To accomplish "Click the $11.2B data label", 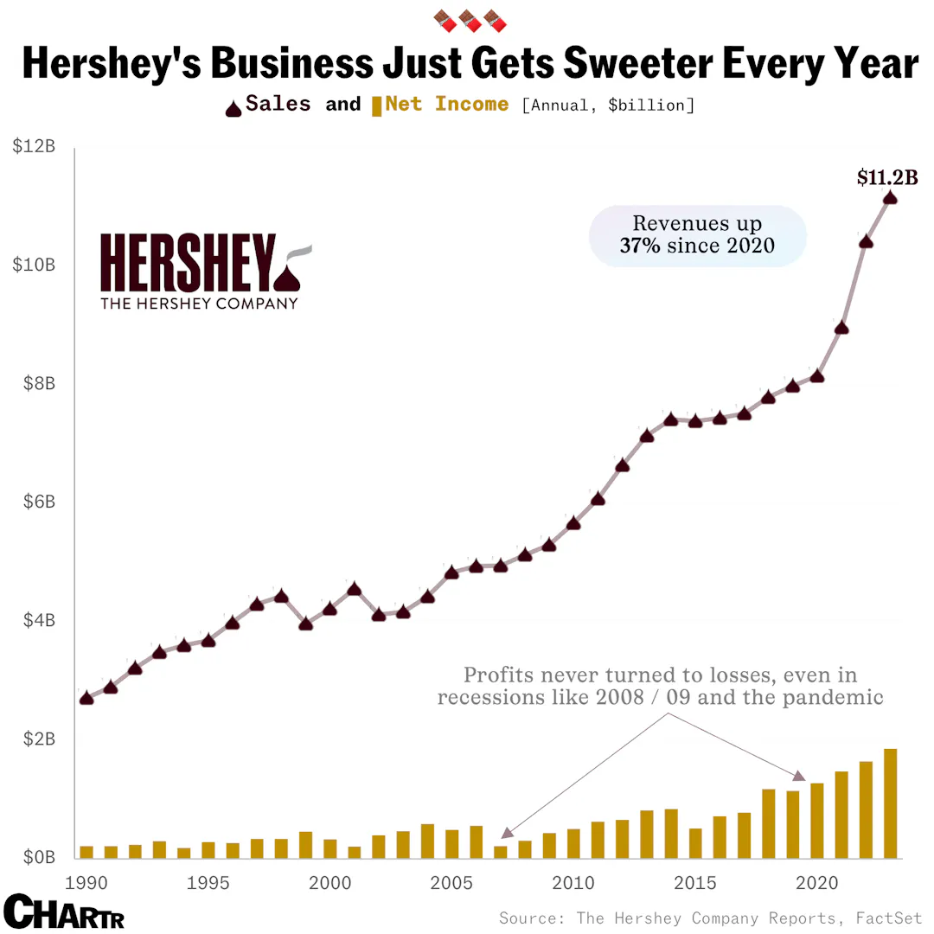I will [x=886, y=178].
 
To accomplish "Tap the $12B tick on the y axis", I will [x=34, y=146].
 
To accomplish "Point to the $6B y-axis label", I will [x=35, y=502].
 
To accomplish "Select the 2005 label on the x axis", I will [x=451, y=883].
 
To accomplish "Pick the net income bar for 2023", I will [x=890, y=803].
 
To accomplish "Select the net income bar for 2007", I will [x=500, y=851].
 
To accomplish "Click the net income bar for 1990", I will [x=86, y=851].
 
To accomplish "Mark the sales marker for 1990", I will [x=86, y=698].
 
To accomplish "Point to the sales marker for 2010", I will [x=573, y=523].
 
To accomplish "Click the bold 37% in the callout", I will [x=640, y=246].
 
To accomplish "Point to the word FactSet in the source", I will [x=889, y=918].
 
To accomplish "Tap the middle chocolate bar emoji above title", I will [x=468, y=18].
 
